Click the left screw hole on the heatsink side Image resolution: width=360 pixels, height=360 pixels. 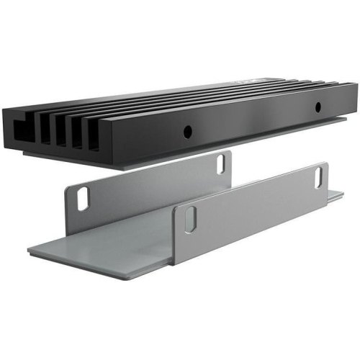point(186,132)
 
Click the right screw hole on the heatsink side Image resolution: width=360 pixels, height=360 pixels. point(317,107)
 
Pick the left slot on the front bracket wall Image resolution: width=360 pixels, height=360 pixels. point(189,220)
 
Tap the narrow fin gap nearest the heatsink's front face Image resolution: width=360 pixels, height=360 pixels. point(94,134)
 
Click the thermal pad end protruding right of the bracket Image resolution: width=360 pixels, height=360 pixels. point(336,195)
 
